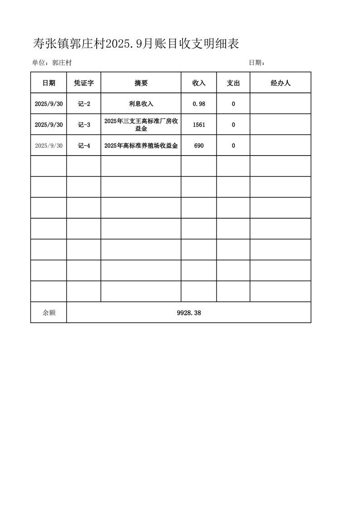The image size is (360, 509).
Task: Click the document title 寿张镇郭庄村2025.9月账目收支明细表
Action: (136, 44)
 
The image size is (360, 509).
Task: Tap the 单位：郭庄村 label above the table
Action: (52, 63)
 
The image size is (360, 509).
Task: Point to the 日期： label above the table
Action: (257, 63)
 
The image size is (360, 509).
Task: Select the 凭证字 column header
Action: (84, 83)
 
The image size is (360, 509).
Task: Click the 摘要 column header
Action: (141, 83)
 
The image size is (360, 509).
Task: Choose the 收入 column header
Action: (199, 83)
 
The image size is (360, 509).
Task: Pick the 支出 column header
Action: (233, 83)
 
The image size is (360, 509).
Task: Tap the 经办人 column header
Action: (280, 83)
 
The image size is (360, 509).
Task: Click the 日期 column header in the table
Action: (49, 83)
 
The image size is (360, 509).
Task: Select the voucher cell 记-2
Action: (84, 104)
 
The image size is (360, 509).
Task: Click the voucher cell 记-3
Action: (84, 125)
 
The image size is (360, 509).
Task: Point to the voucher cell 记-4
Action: (84, 146)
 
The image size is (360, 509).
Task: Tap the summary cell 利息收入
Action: (141, 104)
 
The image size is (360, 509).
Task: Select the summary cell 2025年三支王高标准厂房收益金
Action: (141, 125)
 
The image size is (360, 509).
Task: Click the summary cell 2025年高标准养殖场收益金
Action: (141, 146)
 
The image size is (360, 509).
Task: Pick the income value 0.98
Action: (199, 104)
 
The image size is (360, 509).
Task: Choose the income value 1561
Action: (199, 125)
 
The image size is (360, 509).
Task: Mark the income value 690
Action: (199, 146)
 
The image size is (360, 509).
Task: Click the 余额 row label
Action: (49, 313)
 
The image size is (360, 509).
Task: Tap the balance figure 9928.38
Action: (188, 313)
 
